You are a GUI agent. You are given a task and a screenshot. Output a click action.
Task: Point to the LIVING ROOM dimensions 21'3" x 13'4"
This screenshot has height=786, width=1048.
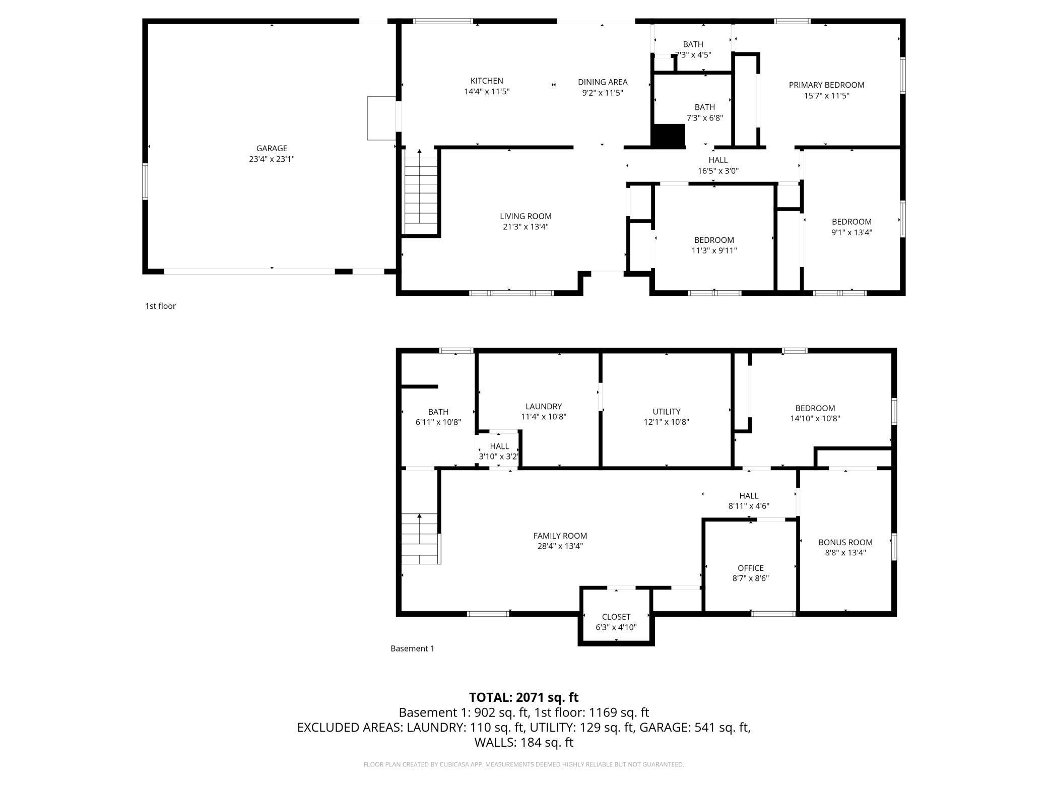pos(526,227)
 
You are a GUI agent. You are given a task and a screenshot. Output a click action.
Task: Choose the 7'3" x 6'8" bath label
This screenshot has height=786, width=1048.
pos(704,112)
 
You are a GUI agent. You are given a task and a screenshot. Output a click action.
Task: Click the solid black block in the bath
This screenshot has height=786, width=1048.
pos(669,135)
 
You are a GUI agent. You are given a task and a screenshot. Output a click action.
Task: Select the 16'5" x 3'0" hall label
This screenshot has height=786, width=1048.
pos(718,165)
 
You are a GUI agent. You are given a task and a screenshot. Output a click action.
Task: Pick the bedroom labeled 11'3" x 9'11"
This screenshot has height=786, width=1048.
pos(714,245)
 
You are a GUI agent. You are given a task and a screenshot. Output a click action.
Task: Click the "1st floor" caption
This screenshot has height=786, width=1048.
pos(160,306)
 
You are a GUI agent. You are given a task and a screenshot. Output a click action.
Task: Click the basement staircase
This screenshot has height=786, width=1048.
pos(420,539)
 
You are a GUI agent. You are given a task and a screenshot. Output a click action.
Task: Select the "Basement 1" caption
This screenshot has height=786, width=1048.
pos(412,648)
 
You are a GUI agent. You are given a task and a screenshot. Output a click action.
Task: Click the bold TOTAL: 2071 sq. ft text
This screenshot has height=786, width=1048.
pos(523,697)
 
